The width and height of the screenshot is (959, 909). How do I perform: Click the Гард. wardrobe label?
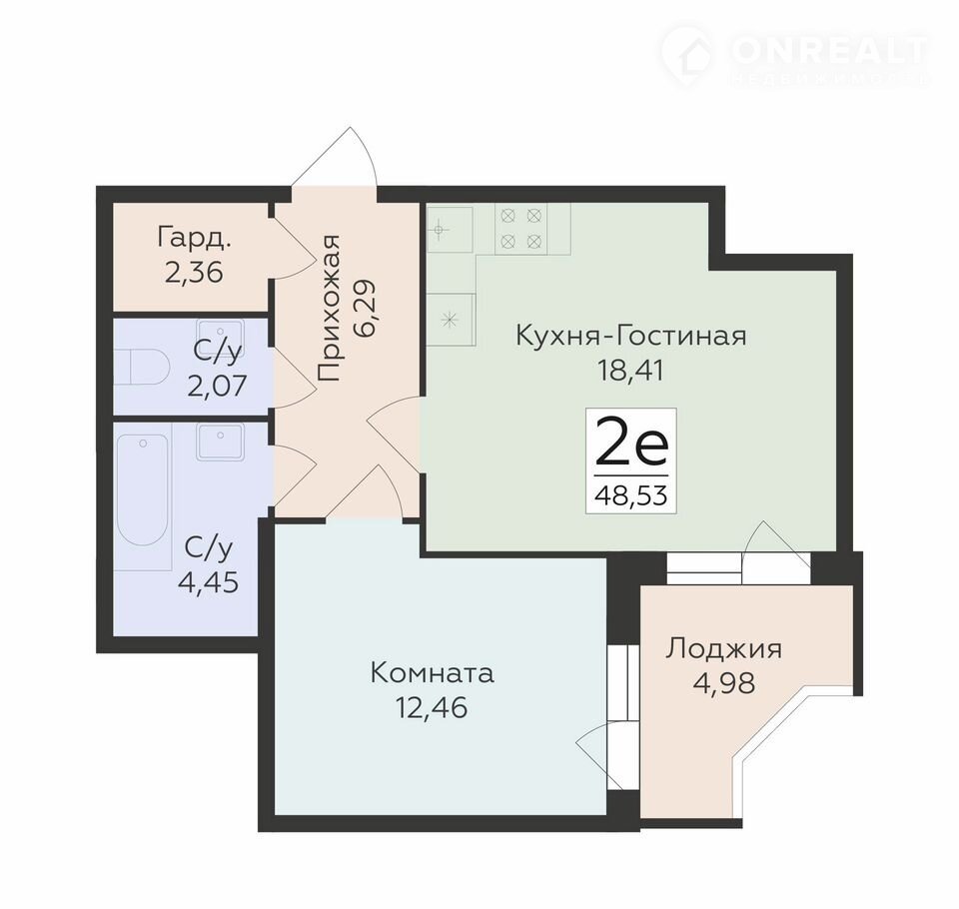tap(195, 238)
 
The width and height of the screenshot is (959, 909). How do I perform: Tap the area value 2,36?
tap(194, 273)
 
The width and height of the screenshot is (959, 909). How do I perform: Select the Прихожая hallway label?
tap(329, 309)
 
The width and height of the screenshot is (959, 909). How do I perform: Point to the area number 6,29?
tap(366, 309)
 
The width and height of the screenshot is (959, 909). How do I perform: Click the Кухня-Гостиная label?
tap(631, 336)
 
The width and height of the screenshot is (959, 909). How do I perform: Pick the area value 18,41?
tap(630, 372)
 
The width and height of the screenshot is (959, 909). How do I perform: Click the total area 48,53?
tap(631, 494)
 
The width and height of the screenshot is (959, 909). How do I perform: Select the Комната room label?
tap(432, 673)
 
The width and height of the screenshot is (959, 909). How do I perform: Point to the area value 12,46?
tap(432, 708)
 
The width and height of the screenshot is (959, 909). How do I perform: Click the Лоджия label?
tap(723, 649)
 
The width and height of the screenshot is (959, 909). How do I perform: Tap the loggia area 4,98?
tap(724, 683)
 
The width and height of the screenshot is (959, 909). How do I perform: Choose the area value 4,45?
tap(208, 583)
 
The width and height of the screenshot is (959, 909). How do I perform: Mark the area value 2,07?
tap(217, 386)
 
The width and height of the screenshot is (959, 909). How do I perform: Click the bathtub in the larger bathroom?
tap(143, 489)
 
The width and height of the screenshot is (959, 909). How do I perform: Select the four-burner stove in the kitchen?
tap(521, 228)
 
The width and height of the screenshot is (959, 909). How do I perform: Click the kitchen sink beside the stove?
tap(451, 230)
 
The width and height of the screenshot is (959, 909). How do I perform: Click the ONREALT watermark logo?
tap(795, 54)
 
